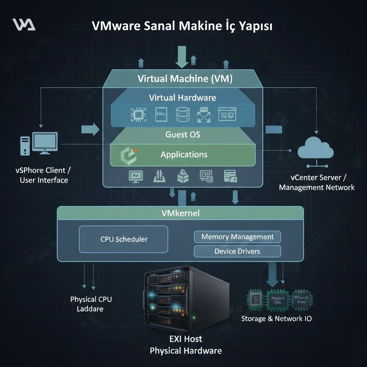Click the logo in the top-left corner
pos(24,24)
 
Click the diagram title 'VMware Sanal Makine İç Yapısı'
pos(182,26)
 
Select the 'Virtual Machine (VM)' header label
pos(185,79)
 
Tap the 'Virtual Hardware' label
pos(182,97)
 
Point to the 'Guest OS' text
pos(182,135)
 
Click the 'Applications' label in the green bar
pos(184,155)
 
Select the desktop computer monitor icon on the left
pos(45,143)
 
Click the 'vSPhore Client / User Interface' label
pos(44,175)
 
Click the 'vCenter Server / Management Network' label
pos(316,182)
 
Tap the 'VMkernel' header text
pos(181,213)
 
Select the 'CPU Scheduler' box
pos(124,239)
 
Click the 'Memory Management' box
pos(237,237)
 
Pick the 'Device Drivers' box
pos(237,251)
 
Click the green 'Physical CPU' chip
pos(278,300)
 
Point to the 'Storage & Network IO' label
pos(276,319)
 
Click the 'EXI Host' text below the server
pos(186,339)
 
